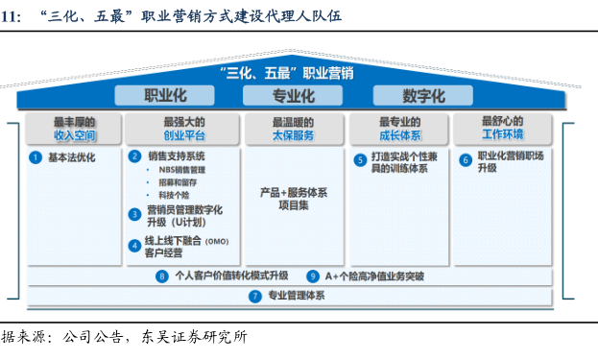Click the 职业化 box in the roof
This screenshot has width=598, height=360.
(x=164, y=95)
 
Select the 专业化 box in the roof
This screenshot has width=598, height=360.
(x=293, y=95)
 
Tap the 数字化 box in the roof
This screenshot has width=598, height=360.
(x=423, y=95)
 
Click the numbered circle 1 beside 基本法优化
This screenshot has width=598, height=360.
(x=36, y=157)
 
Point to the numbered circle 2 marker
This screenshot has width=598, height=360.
(x=134, y=156)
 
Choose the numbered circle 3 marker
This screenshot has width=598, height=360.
(x=134, y=214)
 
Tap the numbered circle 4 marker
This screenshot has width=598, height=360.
(x=134, y=246)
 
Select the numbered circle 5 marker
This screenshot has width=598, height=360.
(x=360, y=160)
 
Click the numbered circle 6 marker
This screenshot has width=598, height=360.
(x=466, y=160)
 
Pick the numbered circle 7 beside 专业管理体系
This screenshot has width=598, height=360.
(x=255, y=297)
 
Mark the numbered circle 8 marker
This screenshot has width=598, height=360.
(x=162, y=276)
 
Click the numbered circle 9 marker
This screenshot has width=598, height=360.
(x=313, y=276)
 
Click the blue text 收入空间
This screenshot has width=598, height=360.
(x=74, y=135)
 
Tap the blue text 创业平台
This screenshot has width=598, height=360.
(x=184, y=135)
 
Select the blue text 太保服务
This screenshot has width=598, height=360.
(x=293, y=135)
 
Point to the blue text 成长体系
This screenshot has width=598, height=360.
(x=400, y=135)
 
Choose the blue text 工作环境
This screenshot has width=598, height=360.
(x=503, y=134)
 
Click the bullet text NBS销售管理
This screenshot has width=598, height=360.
(x=182, y=170)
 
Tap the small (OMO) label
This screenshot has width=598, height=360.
(x=217, y=242)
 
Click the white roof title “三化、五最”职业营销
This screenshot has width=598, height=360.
(x=287, y=73)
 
